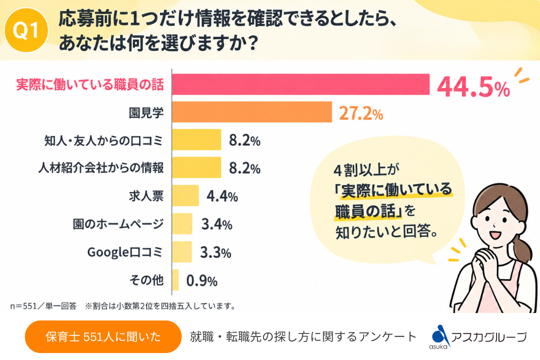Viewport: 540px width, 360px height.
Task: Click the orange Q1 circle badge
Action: pyautogui.click(x=26, y=30)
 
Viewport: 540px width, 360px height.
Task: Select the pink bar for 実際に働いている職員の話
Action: pyautogui.click(x=300, y=84)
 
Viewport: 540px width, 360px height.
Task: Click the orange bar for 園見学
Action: pyautogui.click(x=251, y=112)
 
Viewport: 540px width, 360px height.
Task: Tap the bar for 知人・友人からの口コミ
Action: pyautogui.click(x=196, y=139)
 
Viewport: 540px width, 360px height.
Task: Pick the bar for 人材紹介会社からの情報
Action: pyautogui.click(x=196, y=167)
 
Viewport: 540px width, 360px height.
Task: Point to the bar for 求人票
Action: pyautogui.click(x=185, y=195)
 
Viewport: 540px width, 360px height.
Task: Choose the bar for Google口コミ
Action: pyautogui.click(x=182, y=251)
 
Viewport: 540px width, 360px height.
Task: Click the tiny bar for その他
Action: pyautogui.click(x=175, y=279)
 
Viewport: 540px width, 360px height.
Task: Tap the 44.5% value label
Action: pyautogui.click(x=473, y=87)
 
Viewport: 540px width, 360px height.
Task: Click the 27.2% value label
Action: pyautogui.click(x=361, y=113)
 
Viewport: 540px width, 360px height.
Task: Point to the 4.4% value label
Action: pyautogui.click(x=222, y=196)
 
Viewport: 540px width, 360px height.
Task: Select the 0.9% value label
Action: pyautogui.click(x=202, y=281)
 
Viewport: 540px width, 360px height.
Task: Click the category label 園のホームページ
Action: pyautogui.click(x=118, y=224)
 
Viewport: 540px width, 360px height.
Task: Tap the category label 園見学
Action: pyautogui.click(x=146, y=112)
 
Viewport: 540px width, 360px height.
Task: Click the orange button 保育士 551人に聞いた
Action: pyautogui.click(x=103, y=336)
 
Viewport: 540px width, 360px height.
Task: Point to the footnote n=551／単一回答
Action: pyautogui.click(x=43, y=306)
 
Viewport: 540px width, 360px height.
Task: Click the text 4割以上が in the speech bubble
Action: pyautogui.click(x=366, y=170)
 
